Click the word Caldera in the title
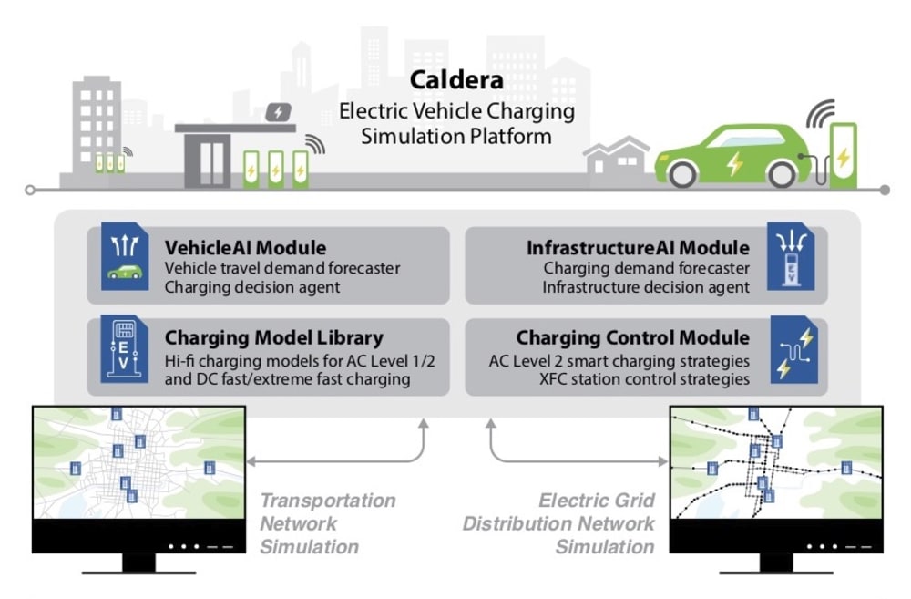point(455,80)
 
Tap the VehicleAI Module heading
point(245,248)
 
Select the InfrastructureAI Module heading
point(638,248)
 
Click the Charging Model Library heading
point(274,338)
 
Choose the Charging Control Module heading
point(633,338)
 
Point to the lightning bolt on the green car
point(734,165)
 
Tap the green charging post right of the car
point(844,156)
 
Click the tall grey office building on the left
point(96,128)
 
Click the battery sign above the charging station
point(279,112)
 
